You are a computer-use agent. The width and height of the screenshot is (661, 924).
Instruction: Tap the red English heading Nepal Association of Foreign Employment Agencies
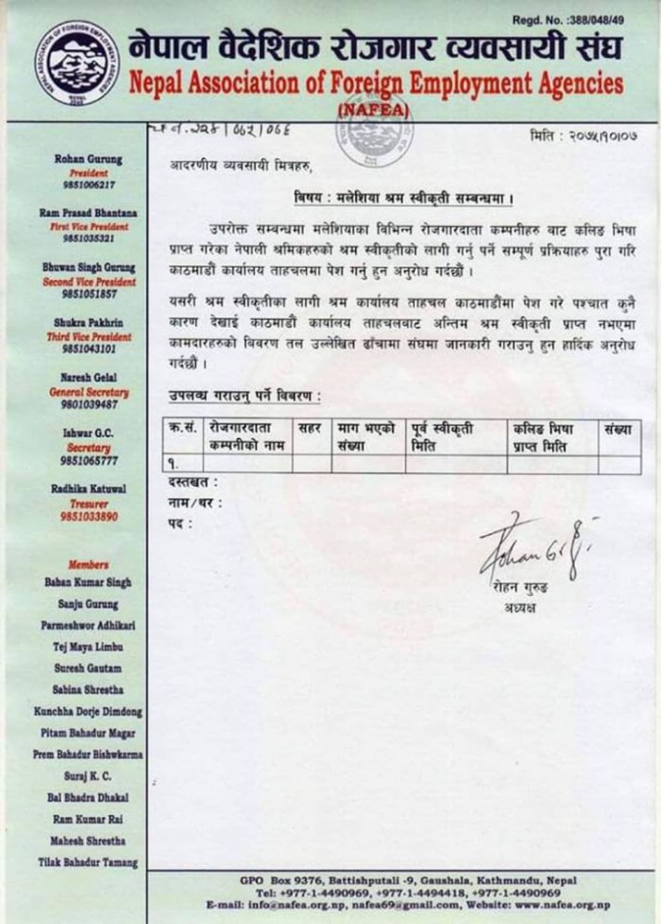pyautogui.click(x=375, y=84)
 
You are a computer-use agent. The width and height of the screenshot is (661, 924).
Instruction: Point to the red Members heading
pyautogui.click(x=88, y=565)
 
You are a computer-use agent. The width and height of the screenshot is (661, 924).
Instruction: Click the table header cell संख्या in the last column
pyautogui.click(x=618, y=430)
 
